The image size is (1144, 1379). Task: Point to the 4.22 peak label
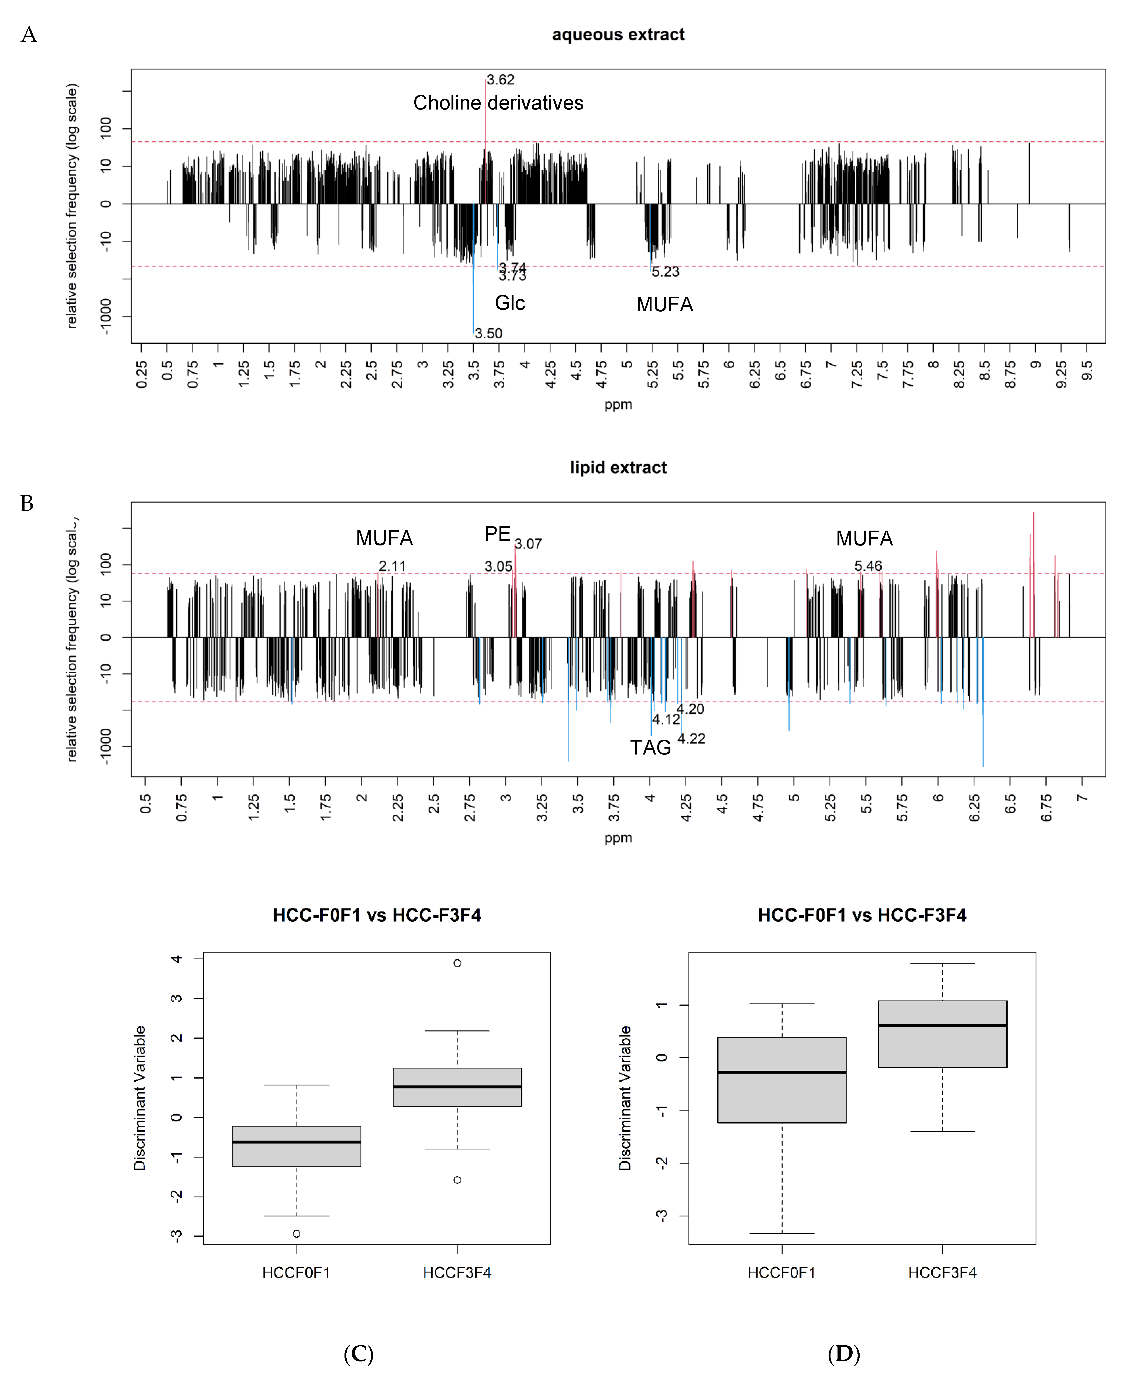click(691, 739)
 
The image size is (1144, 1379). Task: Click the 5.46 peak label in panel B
click(868, 566)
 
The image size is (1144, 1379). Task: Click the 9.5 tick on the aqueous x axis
click(1087, 371)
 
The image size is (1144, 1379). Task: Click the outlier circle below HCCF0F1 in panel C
click(297, 1234)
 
